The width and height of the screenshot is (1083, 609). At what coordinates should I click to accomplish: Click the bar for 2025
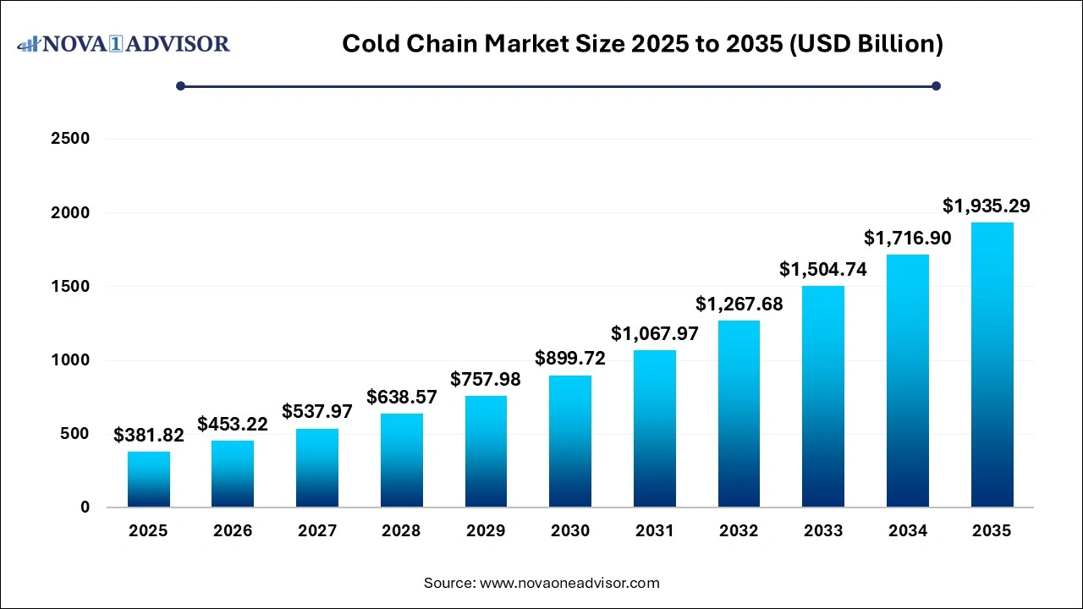click(x=148, y=480)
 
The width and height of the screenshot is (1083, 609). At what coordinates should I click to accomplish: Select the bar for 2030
click(x=570, y=442)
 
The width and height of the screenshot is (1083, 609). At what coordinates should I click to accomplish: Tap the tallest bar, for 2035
click(x=992, y=365)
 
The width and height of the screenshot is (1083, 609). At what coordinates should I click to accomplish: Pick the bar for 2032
click(x=739, y=414)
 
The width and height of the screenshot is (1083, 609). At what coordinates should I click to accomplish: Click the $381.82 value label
click(x=149, y=435)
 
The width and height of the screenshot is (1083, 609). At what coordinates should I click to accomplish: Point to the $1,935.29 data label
click(x=987, y=206)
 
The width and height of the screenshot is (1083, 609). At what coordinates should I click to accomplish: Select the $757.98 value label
click(x=486, y=379)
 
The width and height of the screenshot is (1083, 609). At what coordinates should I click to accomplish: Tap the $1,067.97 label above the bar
click(x=655, y=333)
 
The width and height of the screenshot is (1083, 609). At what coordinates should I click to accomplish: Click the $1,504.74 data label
click(x=823, y=269)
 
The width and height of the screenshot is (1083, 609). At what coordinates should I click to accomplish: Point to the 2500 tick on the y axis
click(x=71, y=139)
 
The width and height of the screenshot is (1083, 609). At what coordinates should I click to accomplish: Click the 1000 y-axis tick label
click(x=71, y=360)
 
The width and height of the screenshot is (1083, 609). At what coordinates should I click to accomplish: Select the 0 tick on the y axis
click(x=85, y=507)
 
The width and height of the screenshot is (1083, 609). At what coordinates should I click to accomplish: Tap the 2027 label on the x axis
click(x=317, y=531)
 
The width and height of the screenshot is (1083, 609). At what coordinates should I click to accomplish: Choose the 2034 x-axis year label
click(x=907, y=531)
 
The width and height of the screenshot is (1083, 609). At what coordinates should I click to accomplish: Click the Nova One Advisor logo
click(x=124, y=43)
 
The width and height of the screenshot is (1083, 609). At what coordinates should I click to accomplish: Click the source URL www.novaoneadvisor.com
click(x=569, y=583)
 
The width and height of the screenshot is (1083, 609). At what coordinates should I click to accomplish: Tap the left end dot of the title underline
click(x=180, y=85)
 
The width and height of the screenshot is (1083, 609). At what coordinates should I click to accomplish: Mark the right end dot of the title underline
click(x=936, y=85)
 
